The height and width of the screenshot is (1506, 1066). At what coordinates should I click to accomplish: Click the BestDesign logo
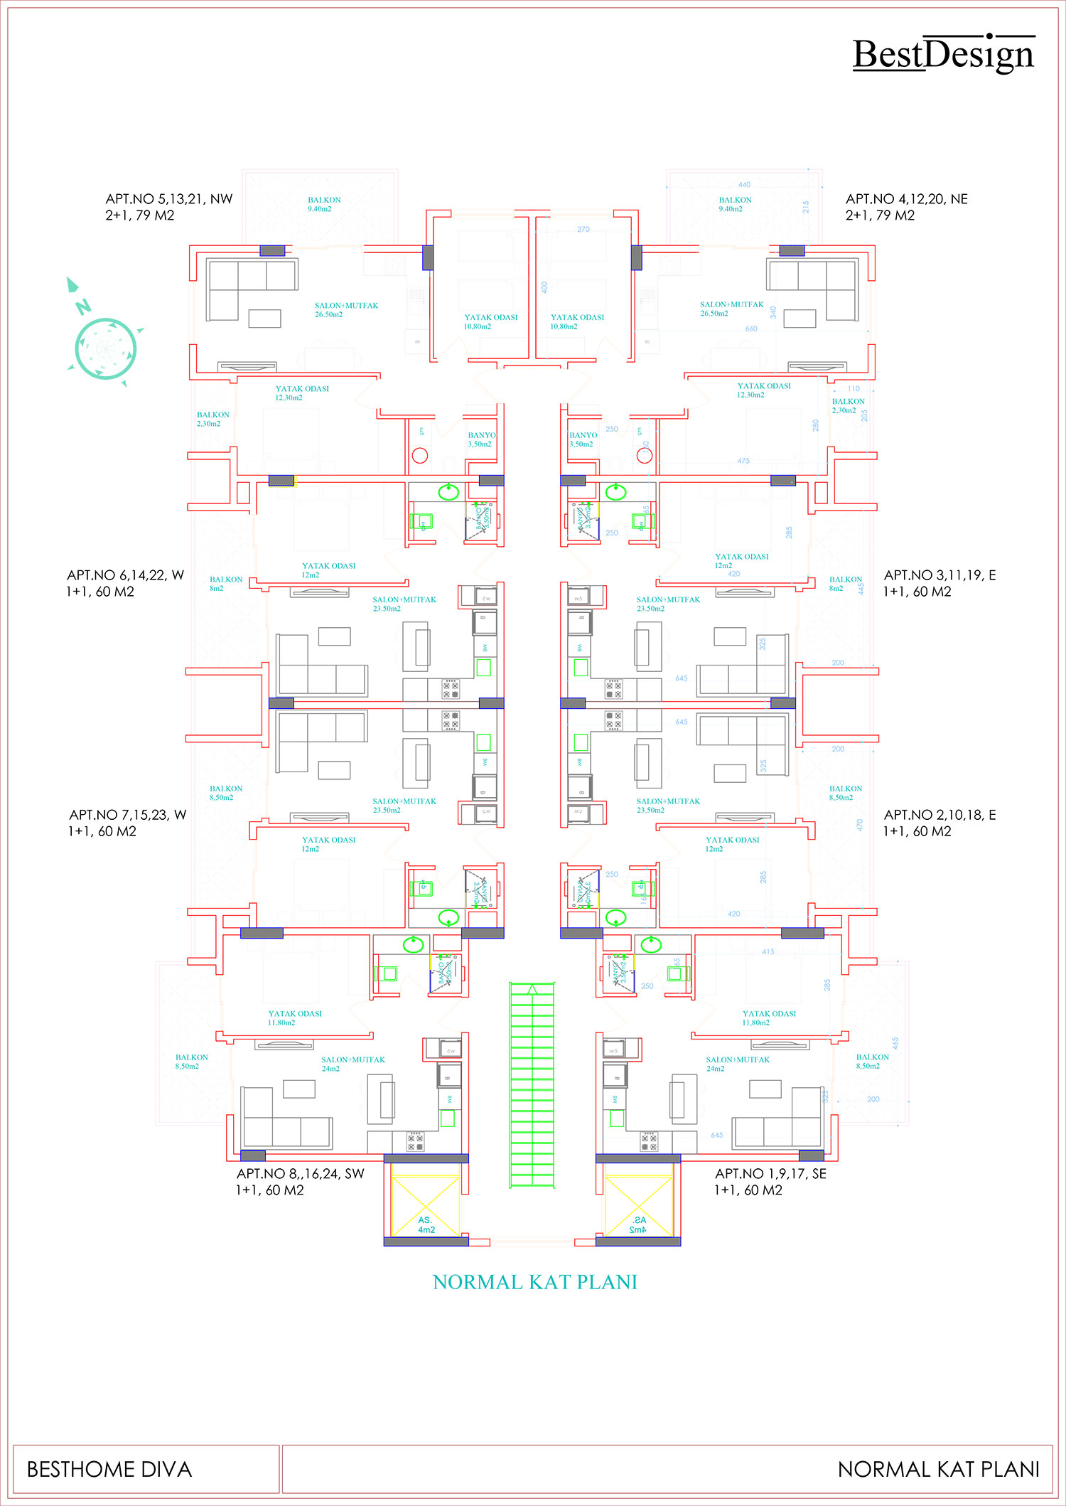[943, 54]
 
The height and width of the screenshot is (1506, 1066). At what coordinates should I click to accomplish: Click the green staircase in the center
[532, 1085]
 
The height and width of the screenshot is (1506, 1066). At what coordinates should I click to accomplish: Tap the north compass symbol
[105, 348]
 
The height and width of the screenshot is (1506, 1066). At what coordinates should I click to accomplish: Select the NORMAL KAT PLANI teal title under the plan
[534, 1282]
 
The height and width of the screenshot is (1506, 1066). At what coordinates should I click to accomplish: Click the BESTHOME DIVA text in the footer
[109, 1470]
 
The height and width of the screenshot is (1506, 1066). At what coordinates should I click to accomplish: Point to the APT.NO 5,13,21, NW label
[169, 207]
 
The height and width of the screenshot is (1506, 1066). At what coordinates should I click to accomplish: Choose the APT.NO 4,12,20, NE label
[906, 207]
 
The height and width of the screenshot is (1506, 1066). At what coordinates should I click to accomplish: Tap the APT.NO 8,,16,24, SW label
[300, 1182]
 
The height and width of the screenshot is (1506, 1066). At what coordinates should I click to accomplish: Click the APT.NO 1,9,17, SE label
[770, 1182]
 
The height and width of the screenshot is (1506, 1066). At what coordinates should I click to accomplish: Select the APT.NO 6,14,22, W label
[125, 583]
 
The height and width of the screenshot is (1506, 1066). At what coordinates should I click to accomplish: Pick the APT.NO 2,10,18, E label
[939, 823]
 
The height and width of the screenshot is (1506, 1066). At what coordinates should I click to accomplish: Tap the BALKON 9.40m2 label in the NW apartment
[324, 205]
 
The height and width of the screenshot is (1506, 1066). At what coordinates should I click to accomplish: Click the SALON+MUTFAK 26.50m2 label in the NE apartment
[731, 309]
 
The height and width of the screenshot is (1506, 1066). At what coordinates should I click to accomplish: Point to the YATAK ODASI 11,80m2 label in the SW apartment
[294, 1018]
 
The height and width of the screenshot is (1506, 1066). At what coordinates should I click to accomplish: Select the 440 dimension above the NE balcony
[744, 185]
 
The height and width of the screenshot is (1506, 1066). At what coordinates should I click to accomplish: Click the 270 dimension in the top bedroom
[583, 230]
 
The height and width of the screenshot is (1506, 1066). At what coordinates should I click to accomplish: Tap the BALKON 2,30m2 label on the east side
[848, 405]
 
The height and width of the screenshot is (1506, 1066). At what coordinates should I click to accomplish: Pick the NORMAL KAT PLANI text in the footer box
[938, 1470]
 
